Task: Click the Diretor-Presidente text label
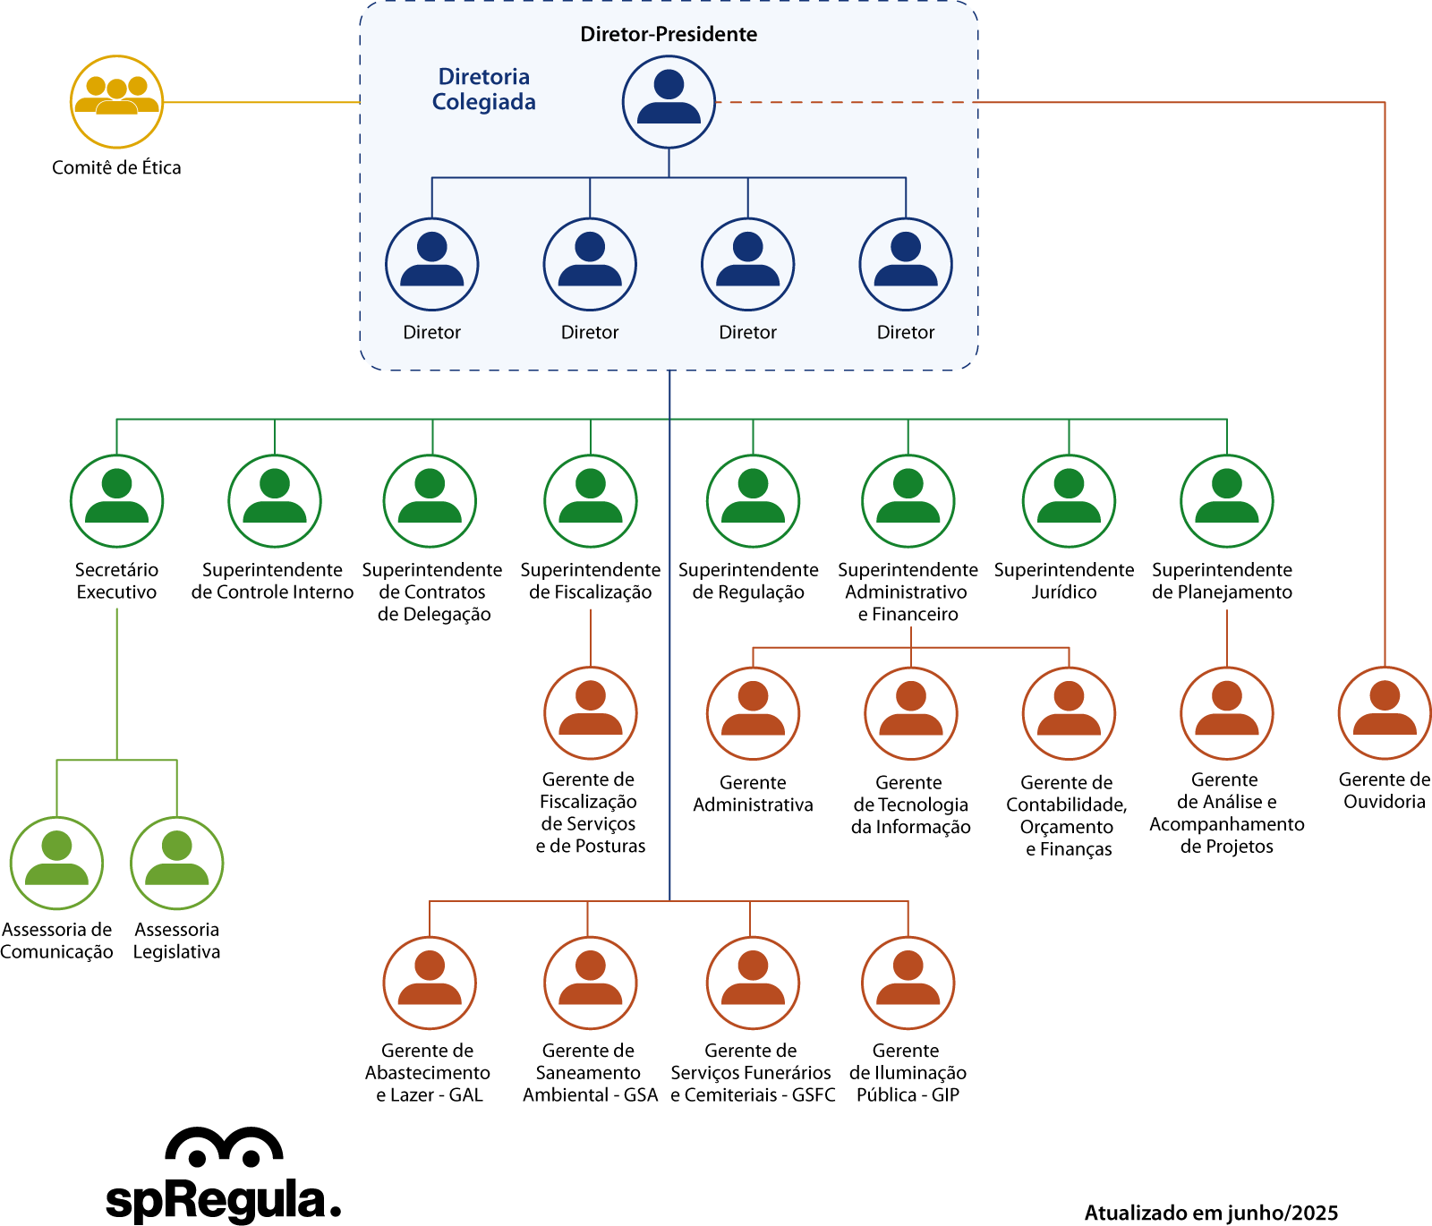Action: tap(669, 34)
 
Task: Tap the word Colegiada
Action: tap(483, 102)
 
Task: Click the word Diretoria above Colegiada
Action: tap(483, 77)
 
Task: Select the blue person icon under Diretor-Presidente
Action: tap(669, 102)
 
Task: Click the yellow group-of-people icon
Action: tap(117, 102)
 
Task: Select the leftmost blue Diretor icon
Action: tap(432, 264)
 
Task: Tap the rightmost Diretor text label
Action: tap(906, 332)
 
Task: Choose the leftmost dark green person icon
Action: tap(117, 501)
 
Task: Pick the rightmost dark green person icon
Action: tap(1227, 501)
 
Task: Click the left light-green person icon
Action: tap(56, 863)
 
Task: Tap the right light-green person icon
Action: tap(177, 863)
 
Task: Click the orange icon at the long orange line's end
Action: tap(1385, 713)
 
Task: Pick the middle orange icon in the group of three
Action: tap(911, 713)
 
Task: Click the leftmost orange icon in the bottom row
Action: tap(430, 983)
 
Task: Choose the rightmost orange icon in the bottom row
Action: tap(908, 983)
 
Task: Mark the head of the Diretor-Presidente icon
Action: tap(669, 85)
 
